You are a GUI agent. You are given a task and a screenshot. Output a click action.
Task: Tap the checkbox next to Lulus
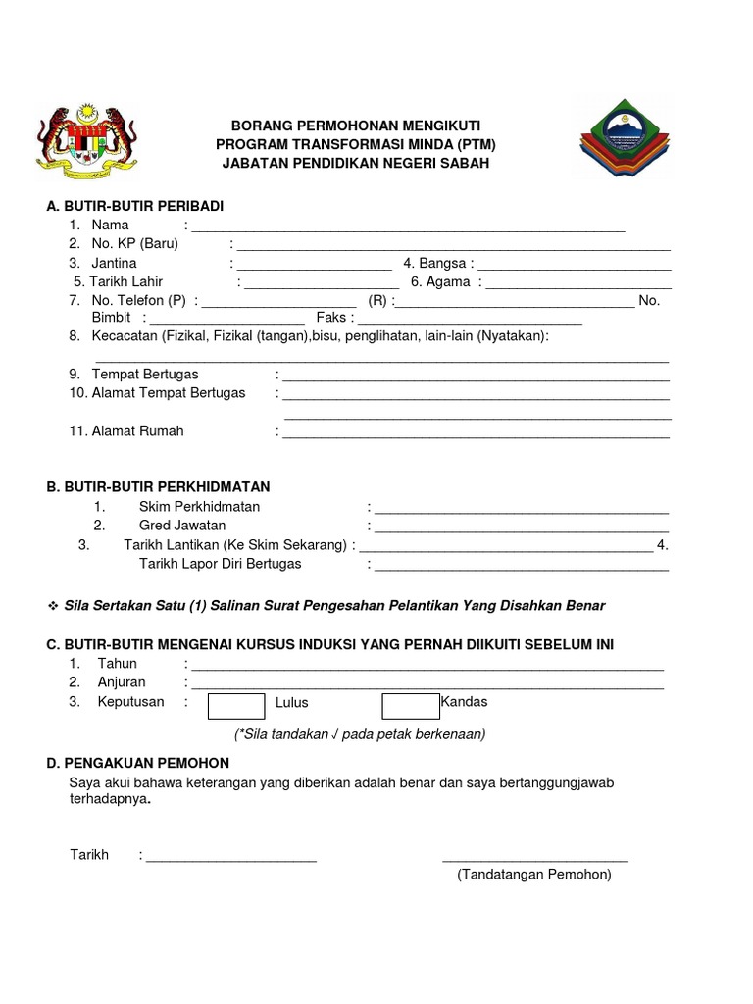point(236,706)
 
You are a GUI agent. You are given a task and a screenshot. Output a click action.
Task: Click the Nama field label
point(110,225)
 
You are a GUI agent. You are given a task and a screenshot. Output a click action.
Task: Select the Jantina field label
point(114,264)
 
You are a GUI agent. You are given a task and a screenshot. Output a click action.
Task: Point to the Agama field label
point(447,282)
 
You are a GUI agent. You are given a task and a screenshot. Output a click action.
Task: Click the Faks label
point(331,318)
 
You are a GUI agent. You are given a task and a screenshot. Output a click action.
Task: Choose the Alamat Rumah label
point(137,430)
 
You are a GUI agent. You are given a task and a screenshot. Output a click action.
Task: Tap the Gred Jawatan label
point(182,526)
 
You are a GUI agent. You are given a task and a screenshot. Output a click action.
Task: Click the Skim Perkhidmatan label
point(199,507)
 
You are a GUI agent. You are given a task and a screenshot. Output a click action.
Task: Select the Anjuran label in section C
point(122,682)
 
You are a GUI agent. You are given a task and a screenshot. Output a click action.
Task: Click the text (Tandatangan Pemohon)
point(534,874)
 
